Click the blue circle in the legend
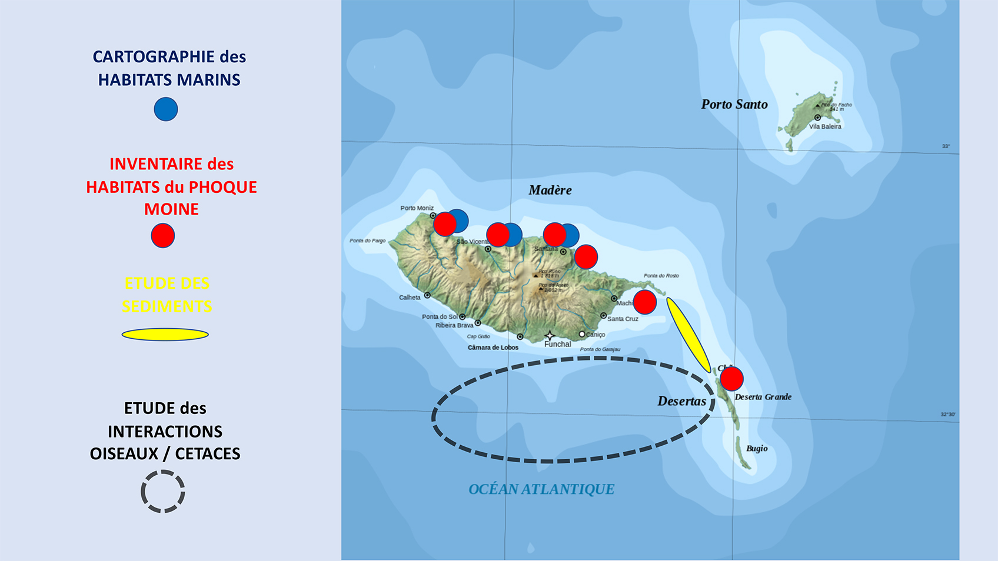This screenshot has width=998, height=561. tap(166, 109)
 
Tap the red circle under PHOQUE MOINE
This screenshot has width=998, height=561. tap(163, 236)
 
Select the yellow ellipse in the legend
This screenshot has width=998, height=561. tap(165, 335)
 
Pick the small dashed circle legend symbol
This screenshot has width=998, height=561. tap(163, 492)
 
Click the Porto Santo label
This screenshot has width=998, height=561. tap(734, 105)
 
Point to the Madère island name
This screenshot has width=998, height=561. tap(550, 190)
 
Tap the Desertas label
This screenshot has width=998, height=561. tap(681, 402)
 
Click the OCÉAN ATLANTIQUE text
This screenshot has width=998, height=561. tap(541, 489)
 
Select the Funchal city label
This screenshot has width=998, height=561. tap(558, 344)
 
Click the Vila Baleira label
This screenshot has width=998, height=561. tap(825, 126)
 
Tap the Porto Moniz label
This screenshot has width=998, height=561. tap(417, 208)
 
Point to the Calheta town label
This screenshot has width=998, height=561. tap(410, 298)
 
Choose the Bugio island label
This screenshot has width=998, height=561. tap(757, 449)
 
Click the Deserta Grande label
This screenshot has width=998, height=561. tap(763, 397)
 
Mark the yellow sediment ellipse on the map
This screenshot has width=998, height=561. tap(688, 335)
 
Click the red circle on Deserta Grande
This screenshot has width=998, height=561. tap(731, 379)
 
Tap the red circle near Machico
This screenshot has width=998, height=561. tap(645, 302)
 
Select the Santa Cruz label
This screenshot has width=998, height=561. tap(623, 319)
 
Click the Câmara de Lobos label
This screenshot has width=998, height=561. tap(493, 348)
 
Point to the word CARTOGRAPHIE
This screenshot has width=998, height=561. tap(154, 57)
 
